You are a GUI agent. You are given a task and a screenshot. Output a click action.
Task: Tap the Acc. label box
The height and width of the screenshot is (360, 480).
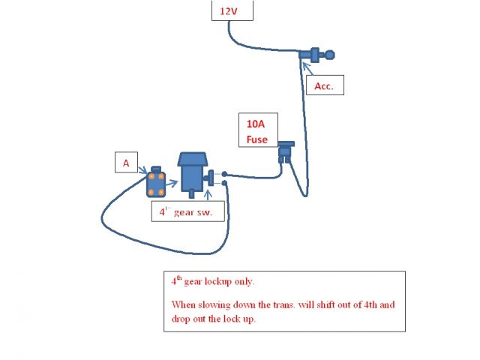click(324, 86)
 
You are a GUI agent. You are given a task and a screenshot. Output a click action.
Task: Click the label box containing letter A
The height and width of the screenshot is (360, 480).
click(125, 161)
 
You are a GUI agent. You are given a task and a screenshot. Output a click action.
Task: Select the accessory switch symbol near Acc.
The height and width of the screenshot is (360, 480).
click(315, 54)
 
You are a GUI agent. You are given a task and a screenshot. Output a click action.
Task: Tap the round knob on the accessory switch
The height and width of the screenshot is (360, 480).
click(330, 54)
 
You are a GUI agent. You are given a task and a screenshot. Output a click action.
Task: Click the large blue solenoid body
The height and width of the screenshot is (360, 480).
click(191, 174)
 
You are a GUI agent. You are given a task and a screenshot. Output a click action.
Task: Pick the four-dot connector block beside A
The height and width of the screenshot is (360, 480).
click(157, 181)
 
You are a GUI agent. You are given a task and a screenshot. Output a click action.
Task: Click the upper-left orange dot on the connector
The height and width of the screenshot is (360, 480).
click(151, 175)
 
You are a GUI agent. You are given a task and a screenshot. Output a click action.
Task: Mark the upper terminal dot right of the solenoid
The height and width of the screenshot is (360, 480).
click(224, 174)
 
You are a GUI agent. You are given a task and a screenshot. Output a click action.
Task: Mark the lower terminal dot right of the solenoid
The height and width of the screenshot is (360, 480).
click(224, 184)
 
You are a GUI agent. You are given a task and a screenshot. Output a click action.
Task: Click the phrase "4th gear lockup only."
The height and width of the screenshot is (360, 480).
click(212, 282)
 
